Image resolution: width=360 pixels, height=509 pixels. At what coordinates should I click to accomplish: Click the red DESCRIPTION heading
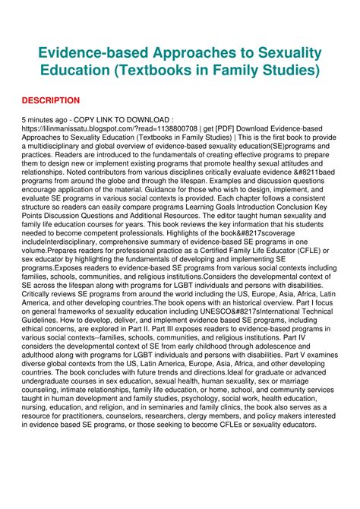tap(50, 100)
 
